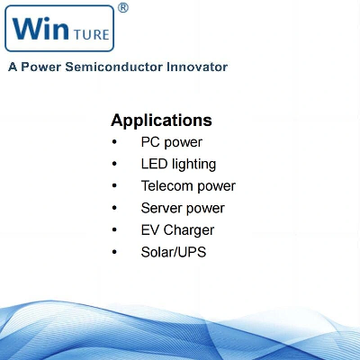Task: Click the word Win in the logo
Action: pyautogui.click(x=40, y=28)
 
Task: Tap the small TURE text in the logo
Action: pyautogui.click(x=91, y=34)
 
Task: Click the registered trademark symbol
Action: pyautogui.click(x=123, y=8)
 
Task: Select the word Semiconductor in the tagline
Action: pyautogui.click(x=114, y=67)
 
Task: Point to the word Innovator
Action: pyautogui.click(x=197, y=67)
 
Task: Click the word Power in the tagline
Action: pyautogui.click(x=40, y=67)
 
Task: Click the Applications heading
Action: pyautogui.click(x=161, y=121)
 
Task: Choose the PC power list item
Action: pyautogui.click(x=172, y=142)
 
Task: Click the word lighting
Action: pyautogui.click(x=193, y=165)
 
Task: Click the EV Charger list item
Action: pyautogui.click(x=177, y=230)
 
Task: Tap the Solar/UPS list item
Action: pyautogui.click(x=174, y=252)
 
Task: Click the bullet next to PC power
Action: pyautogui.click(x=114, y=142)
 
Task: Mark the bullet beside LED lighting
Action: pyautogui.click(x=114, y=164)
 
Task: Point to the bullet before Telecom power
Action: pyautogui.click(x=114, y=186)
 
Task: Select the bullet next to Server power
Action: pyautogui.click(x=114, y=208)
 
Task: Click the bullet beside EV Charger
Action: pyautogui.click(x=114, y=230)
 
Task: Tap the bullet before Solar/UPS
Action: pyautogui.click(x=114, y=252)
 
